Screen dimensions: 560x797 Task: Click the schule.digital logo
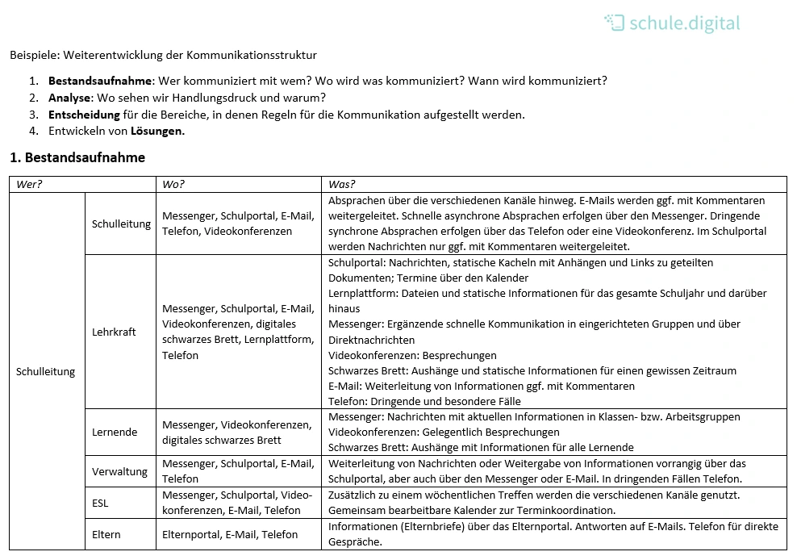[671, 23]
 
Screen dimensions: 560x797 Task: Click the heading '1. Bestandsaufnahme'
[77, 157]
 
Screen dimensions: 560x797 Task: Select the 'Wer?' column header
[29, 184]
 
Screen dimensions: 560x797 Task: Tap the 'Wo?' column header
[173, 184]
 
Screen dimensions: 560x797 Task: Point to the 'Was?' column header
[341, 184]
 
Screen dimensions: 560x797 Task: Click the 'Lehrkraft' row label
[114, 332]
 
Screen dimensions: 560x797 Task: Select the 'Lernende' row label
[115, 432]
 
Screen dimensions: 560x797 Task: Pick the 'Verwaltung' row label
[119, 471]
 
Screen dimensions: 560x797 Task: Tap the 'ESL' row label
[100, 503]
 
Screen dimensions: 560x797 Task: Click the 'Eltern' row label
[106, 534]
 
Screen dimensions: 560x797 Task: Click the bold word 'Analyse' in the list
[70, 98]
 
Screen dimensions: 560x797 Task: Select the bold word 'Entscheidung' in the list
[84, 115]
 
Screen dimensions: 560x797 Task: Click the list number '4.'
[33, 131]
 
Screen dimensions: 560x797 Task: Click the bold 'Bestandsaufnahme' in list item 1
[100, 81]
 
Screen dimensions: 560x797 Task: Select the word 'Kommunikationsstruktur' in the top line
[252, 56]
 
